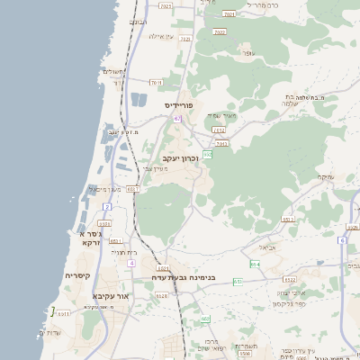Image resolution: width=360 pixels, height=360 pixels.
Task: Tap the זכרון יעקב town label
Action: pos(180,158)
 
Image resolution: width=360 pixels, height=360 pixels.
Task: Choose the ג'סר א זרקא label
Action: pos(91,238)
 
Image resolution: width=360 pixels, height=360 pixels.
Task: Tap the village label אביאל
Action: pos(267,246)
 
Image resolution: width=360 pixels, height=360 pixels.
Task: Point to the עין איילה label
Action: pos(160,36)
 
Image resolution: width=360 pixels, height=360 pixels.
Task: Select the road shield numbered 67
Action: pos(177,118)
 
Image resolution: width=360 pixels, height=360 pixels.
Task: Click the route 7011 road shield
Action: pos(156,83)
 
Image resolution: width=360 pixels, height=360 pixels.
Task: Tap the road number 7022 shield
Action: pos(219,31)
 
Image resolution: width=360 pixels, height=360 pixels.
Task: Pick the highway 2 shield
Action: pos(106,207)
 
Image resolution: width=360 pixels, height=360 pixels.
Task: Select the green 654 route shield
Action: pos(255,264)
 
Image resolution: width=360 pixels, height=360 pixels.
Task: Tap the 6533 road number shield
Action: pos(288,219)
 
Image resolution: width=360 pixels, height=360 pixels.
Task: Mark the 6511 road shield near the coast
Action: pos(132,189)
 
